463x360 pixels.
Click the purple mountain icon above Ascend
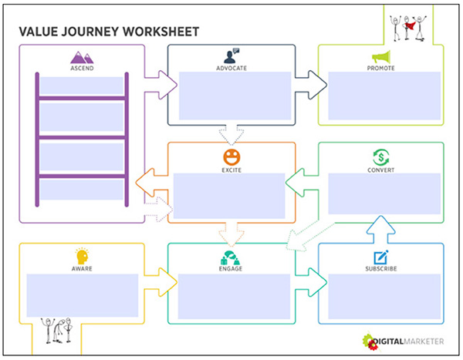point(82,58)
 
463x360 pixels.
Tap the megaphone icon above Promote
point(381,56)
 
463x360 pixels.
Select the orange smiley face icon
point(231,157)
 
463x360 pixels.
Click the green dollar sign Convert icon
point(381,157)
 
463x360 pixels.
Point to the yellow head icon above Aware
point(82,256)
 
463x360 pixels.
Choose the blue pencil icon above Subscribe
point(381,257)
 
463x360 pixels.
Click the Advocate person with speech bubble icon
point(231,56)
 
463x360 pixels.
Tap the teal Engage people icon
point(230,257)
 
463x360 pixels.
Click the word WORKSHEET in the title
point(161,32)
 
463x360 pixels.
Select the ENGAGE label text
point(231,269)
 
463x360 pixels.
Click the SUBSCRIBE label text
point(381,269)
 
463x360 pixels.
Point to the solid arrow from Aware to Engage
point(161,282)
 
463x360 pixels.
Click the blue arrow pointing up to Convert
point(381,229)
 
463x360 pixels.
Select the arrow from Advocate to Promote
point(311,85)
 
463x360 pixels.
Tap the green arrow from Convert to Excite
point(302,183)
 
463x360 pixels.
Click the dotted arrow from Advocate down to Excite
point(231,135)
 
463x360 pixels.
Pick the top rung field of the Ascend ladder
point(82,86)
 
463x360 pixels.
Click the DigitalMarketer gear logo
point(370,341)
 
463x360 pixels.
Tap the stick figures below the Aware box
point(56,331)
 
